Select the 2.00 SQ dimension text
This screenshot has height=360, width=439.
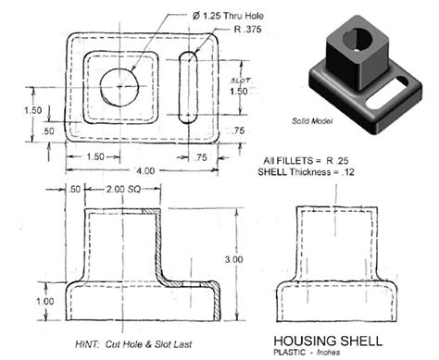tap(119, 190)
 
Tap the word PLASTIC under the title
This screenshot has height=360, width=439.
tap(290, 352)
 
